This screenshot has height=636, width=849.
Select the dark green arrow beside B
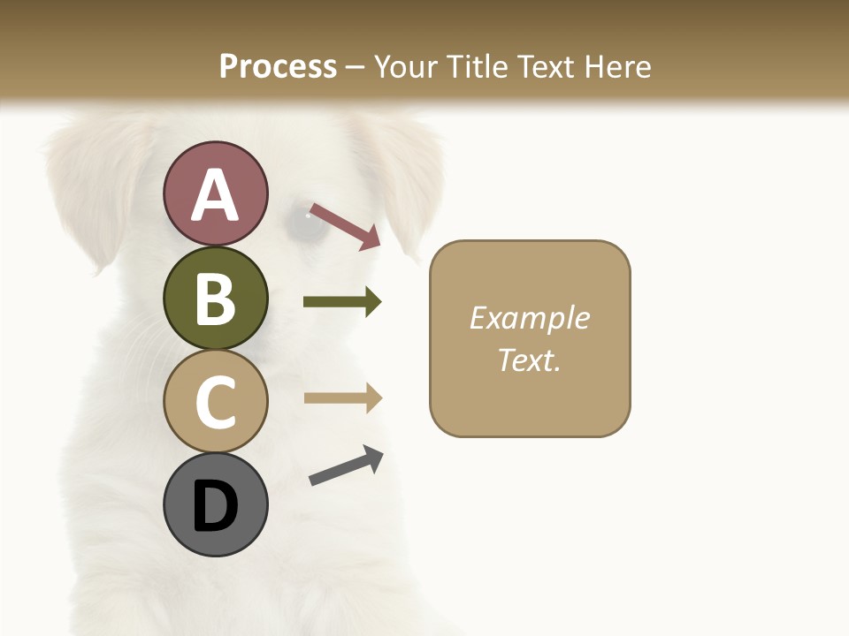pos(341,302)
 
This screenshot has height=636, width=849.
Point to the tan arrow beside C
pos(341,398)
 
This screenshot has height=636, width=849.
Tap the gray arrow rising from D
pos(346,466)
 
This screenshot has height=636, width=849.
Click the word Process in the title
pos(278,66)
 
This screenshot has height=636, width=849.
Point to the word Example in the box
pos(529,318)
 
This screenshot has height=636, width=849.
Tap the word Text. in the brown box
pos(529,360)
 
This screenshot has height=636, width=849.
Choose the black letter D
pos(215,507)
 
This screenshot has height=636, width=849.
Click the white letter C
pos(215,403)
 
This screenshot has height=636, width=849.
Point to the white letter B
pos(215,299)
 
